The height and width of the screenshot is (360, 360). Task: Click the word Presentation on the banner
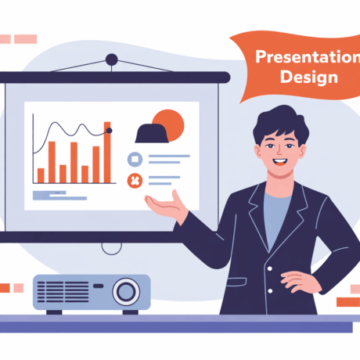(x=308, y=56)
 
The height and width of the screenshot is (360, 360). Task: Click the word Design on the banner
(x=309, y=77)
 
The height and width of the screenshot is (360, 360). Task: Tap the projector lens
(x=126, y=292)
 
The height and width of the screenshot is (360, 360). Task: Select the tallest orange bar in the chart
(x=107, y=153)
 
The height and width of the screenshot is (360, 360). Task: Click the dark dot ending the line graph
(x=110, y=131)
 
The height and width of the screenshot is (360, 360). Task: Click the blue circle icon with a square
(x=135, y=159)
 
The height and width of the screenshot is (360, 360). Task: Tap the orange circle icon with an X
(x=135, y=181)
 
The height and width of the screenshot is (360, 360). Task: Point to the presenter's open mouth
(x=280, y=162)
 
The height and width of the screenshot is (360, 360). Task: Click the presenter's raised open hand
(x=167, y=205)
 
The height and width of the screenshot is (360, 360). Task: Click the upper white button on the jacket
(x=270, y=268)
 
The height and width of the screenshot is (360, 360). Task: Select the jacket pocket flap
(x=236, y=282)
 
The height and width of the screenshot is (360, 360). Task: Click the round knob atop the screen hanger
(x=112, y=59)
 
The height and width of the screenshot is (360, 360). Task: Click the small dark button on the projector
(x=99, y=286)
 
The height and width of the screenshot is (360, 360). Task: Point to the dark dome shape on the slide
(x=152, y=133)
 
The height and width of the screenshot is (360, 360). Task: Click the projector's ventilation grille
(x=63, y=292)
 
